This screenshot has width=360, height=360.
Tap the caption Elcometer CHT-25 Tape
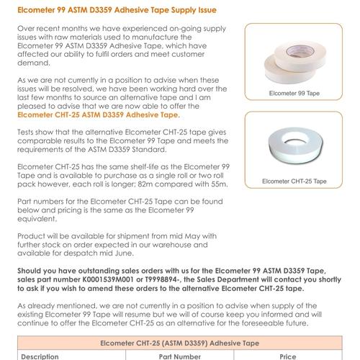pyautogui.click(x=298, y=181)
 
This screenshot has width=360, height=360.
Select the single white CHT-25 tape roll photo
pyautogui.click(x=298, y=148)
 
